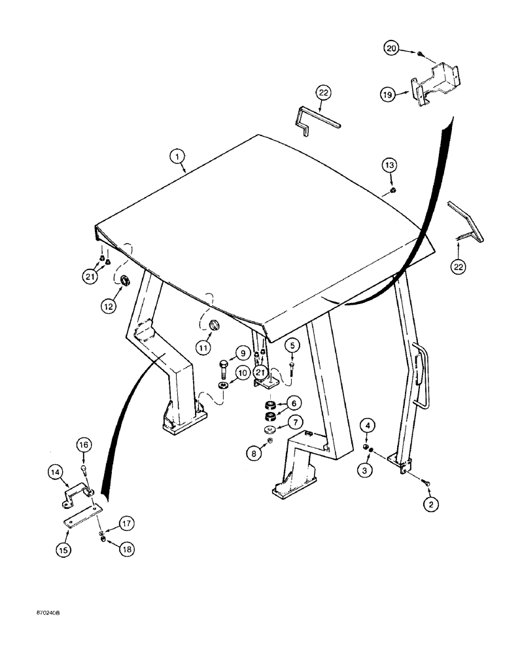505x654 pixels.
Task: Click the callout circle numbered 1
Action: tap(175, 156)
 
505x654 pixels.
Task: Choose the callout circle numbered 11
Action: tap(203, 347)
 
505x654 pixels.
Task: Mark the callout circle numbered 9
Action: tap(243, 354)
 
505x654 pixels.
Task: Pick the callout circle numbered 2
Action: tap(430, 504)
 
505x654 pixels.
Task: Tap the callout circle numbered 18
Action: tap(125, 549)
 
